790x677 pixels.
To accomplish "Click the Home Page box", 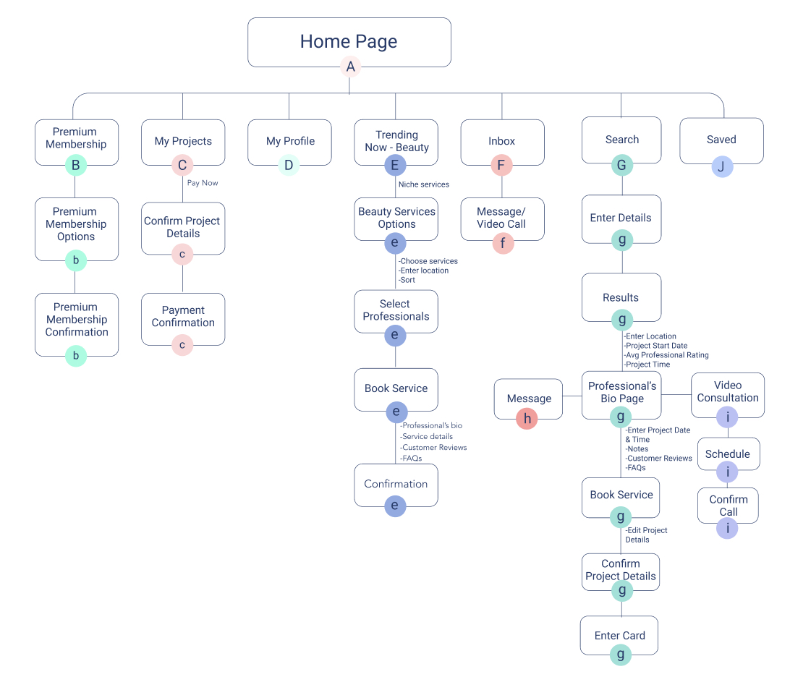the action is pos(349,42).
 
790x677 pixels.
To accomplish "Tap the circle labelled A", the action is pos(350,67).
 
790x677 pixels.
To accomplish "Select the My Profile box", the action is pos(289,142).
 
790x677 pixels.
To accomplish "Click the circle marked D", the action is pos(289,165).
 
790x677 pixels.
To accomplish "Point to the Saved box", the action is pos(721,141).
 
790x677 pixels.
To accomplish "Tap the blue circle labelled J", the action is pos(722,167).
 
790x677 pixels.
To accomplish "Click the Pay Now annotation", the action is pos(203,183).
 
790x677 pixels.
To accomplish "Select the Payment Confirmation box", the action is pos(183,320).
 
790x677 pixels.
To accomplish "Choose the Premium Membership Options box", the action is pos(77,229).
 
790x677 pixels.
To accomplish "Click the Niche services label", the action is pos(424,184).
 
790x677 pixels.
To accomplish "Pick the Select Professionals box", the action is pos(396,311).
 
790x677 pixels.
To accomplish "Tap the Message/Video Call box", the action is pos(502,219).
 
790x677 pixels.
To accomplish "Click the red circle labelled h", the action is pos(527,419).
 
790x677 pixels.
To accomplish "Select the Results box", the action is pos(621,297).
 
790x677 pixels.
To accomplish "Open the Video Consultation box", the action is pos(728,396).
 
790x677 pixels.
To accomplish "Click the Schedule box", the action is pos(729,454).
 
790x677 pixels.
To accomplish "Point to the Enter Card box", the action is pos(619,635).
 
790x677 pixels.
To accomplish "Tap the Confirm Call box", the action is pos(728,506).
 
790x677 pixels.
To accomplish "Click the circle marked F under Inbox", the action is pos(501,165).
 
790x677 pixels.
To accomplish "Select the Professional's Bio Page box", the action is pos(621,396).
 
